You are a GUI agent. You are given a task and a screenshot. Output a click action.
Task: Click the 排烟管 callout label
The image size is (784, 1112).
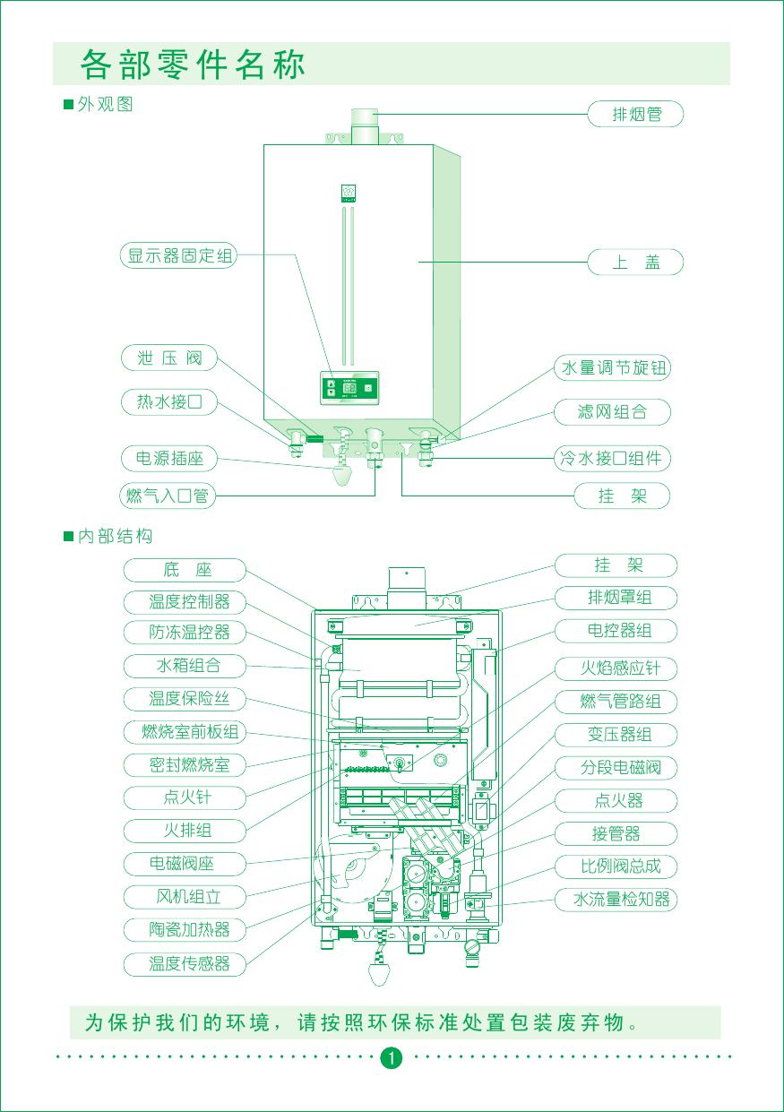coord(635,115)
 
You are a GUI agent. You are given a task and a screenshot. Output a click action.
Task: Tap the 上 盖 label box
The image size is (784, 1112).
coord(635,263)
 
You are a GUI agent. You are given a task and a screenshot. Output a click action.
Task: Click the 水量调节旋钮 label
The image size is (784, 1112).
coord(614,367)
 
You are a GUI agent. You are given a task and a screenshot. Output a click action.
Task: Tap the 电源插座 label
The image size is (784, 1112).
coord(169,460)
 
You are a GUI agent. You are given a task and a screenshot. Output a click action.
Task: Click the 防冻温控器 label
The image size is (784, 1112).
coord(189,633)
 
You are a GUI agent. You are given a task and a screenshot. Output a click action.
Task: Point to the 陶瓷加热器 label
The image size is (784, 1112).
coord(189,929)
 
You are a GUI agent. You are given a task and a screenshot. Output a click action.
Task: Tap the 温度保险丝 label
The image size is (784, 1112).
coord(189,698)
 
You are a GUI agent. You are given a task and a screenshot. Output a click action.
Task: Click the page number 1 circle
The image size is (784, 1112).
coord(391,1057)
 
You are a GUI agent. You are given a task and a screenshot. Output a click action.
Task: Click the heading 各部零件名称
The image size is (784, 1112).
coord(193,65)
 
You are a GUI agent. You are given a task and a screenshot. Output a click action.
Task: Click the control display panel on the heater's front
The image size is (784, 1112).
coord(349,388)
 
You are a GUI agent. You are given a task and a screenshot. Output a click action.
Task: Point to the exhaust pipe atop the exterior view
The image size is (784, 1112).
coord(364,125)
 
